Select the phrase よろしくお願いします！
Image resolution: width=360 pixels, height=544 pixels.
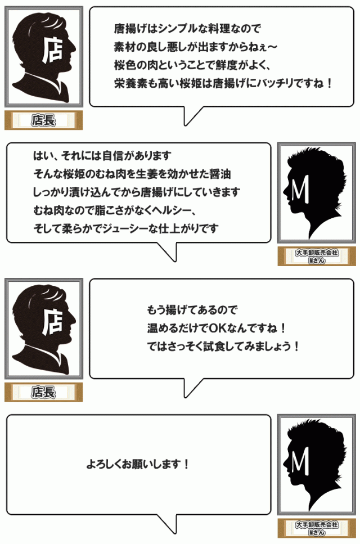(137, 465)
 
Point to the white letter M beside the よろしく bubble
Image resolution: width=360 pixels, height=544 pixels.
(301, 463)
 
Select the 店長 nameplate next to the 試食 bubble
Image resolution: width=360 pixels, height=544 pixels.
(43, 392)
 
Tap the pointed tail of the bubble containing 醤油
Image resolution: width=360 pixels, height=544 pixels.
(173, 257)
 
